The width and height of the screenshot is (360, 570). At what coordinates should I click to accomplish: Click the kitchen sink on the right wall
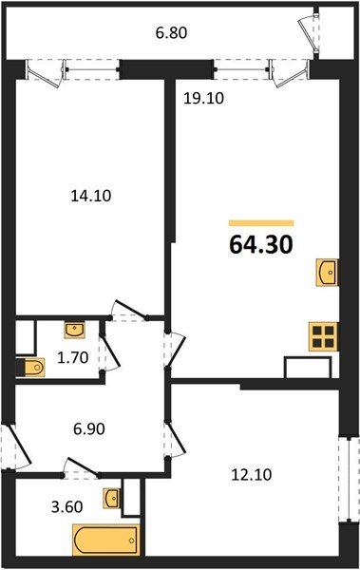click(x=328, y=273)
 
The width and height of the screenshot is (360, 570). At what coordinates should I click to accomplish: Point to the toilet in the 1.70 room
click(x=30, y=366)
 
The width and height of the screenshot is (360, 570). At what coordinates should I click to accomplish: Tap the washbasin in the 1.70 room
click(x=75, y=330)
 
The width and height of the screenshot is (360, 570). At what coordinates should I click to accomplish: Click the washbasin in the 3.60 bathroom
click(x=114, y=498)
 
